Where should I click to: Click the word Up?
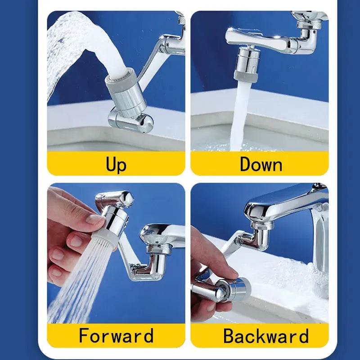116,164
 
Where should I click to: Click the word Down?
261,164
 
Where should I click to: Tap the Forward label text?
116,336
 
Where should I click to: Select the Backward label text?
266,336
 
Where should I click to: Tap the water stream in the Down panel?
241,117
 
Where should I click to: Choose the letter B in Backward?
230,336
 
